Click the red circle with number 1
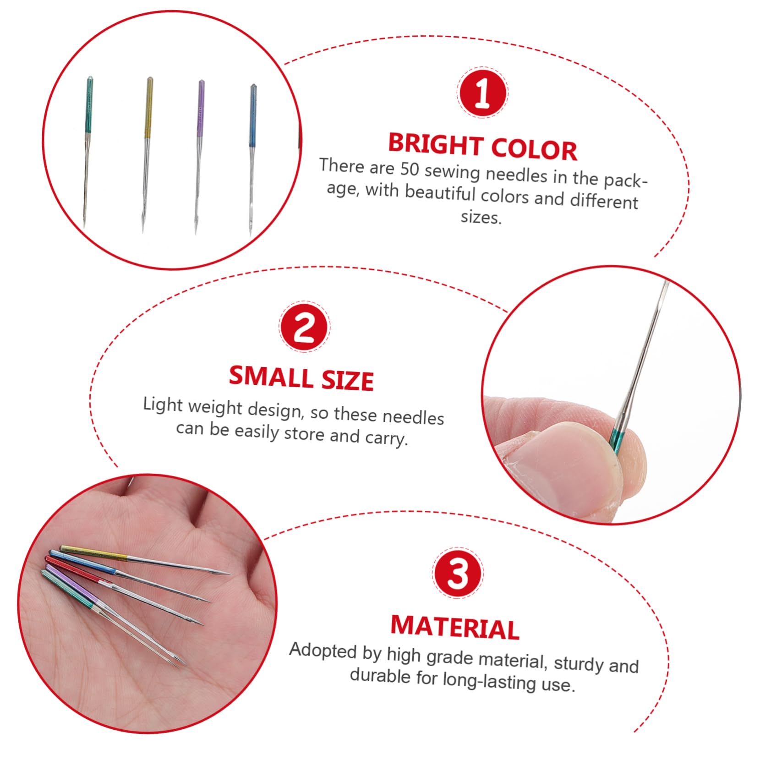[x=482, y=93]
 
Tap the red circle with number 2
[x=305, y=327]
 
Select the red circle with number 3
[x=457, y=573]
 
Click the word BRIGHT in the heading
[x=436, y=144]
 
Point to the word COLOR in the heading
[x=534, y=149]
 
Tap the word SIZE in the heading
[x=347, y=380]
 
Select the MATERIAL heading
[x=455, y=627]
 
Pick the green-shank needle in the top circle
[x=88, y=151]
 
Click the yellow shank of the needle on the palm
[x=94, y=553]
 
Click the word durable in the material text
[x=380, y=676]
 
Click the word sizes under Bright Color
[x=481, y=217]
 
